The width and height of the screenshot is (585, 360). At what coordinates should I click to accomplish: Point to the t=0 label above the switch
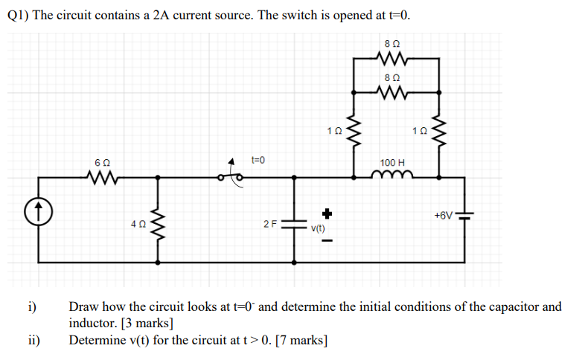tap(258, 160)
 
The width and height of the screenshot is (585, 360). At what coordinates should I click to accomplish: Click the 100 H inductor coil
tap(391, 175)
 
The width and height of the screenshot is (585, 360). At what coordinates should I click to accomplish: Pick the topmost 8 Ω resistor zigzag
tap(391, 59)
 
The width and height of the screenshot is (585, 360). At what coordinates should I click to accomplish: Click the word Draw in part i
tap(83, 306)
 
